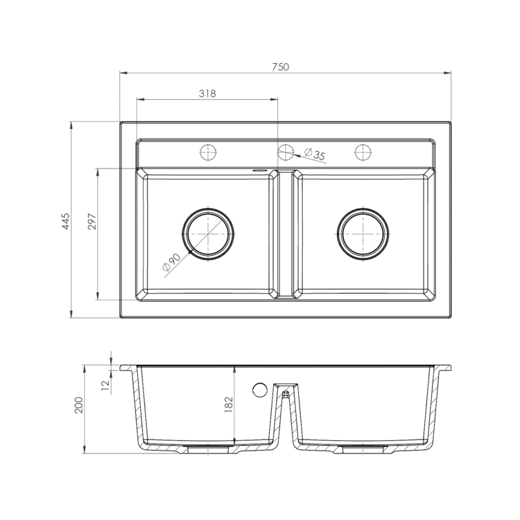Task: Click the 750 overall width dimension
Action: [x=281, y=67]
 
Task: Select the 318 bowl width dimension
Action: [x=207, y=94]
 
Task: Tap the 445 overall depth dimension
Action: [x=66, y=221]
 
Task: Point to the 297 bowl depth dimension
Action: [x=92, y=222]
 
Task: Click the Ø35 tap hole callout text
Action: [x=315, y=154]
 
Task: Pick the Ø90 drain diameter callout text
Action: [x=171, y=262]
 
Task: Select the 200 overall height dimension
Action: [x=79, y=405]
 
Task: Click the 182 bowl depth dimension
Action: [x=229, y=405]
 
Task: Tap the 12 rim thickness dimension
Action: [x=105, y=385]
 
